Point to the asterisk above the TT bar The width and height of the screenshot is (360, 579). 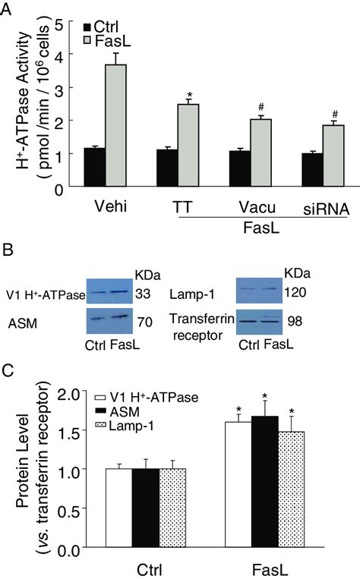click(x=188, y=96)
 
